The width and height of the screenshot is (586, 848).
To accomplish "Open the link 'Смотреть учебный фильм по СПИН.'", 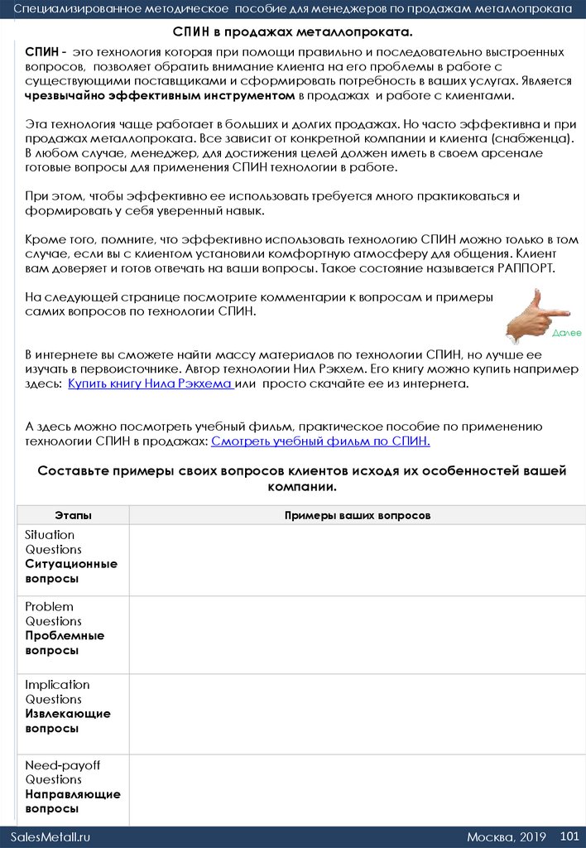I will click(320, 441).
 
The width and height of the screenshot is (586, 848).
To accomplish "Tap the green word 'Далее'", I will click(567, 332).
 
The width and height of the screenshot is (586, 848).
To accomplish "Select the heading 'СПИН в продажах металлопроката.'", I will click(292, 31).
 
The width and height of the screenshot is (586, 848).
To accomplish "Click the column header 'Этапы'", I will click(73, 515).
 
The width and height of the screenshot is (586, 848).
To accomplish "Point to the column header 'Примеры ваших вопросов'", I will click(358, 515).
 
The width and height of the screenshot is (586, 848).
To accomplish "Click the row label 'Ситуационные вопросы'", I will click(71, 571).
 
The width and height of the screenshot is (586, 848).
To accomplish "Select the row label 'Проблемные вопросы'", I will click(65, 643).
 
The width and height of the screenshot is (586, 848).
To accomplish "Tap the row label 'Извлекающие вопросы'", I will click(68, 720).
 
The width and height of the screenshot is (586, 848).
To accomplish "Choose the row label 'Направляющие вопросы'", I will click(73, 801).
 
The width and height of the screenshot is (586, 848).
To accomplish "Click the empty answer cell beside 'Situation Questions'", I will click(358, 560).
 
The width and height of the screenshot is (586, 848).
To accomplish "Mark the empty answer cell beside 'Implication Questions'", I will click(358, 714).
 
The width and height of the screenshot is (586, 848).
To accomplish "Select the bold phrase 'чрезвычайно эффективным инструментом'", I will click(161, 96).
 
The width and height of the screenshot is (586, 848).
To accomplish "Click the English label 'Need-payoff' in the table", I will click(62, 765).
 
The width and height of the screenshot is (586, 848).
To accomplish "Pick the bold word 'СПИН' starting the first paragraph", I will click(41, 51).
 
